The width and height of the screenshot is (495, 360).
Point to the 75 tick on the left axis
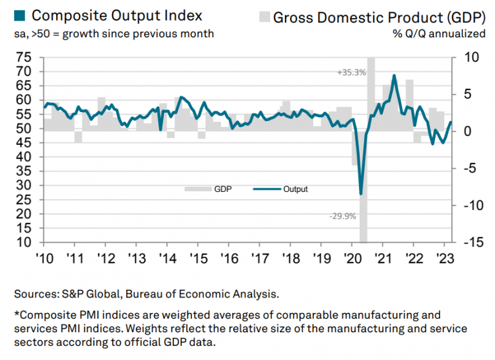[25, 57]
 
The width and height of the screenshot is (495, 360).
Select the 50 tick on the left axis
[25, 129]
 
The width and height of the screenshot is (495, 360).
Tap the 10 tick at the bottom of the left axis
[25, 243]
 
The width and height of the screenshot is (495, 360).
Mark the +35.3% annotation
[351, 73]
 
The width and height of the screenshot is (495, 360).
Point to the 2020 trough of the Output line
[361, 194]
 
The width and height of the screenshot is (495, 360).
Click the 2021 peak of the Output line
[394, 76]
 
